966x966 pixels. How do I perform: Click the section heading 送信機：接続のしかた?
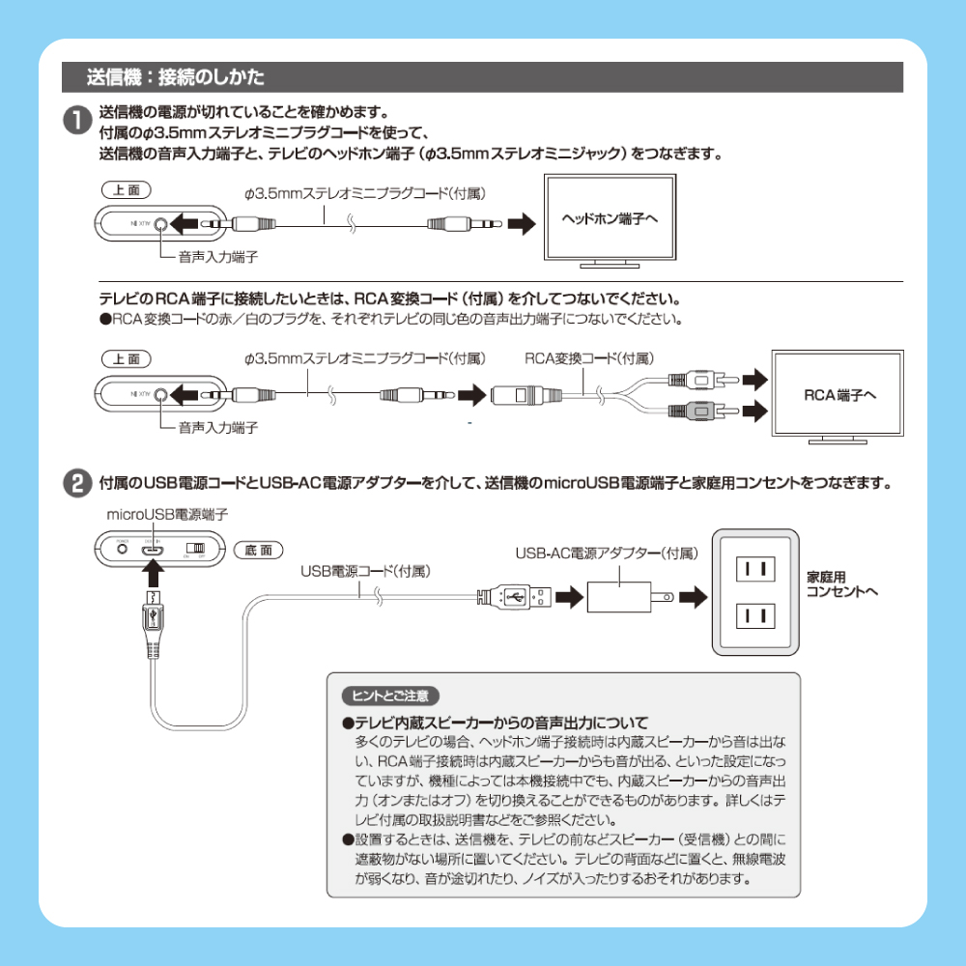[x=175, y=76]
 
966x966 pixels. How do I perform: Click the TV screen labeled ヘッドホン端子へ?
[x=610, y=219]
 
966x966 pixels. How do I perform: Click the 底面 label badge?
[x=258, y=550]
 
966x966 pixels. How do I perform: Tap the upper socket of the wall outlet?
[x=754, y=569]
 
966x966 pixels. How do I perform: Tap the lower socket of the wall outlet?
[x=754, y=614]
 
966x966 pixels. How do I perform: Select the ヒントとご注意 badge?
[x=391, y=695]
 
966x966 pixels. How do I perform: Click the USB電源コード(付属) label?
[x=365, y=572]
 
